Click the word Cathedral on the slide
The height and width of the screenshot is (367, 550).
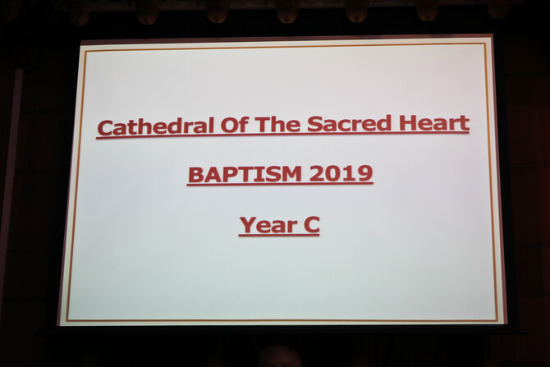coord(156,126)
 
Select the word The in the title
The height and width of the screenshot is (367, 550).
coord(277,124)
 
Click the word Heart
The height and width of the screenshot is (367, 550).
coord(434,122)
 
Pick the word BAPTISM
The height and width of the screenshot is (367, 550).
coord(245,174)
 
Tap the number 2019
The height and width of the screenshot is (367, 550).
coord(341,173)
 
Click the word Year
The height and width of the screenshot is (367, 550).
coord(268,225)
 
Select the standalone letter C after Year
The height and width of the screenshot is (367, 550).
coord(312,224)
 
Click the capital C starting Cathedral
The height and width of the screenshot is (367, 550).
coord(105,127)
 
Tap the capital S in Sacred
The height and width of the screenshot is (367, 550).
coord(314,124)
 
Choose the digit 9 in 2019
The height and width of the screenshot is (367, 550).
coord(364,173)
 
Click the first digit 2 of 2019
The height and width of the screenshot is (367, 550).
coord(317,174)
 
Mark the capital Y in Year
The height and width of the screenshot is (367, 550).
coord(249,225)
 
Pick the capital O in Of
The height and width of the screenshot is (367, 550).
coord(229,126)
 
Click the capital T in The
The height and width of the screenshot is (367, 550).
coord(263,125)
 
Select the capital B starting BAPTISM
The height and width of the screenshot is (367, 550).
coord(196,175)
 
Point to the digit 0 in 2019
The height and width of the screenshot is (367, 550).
coord(333,174)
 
